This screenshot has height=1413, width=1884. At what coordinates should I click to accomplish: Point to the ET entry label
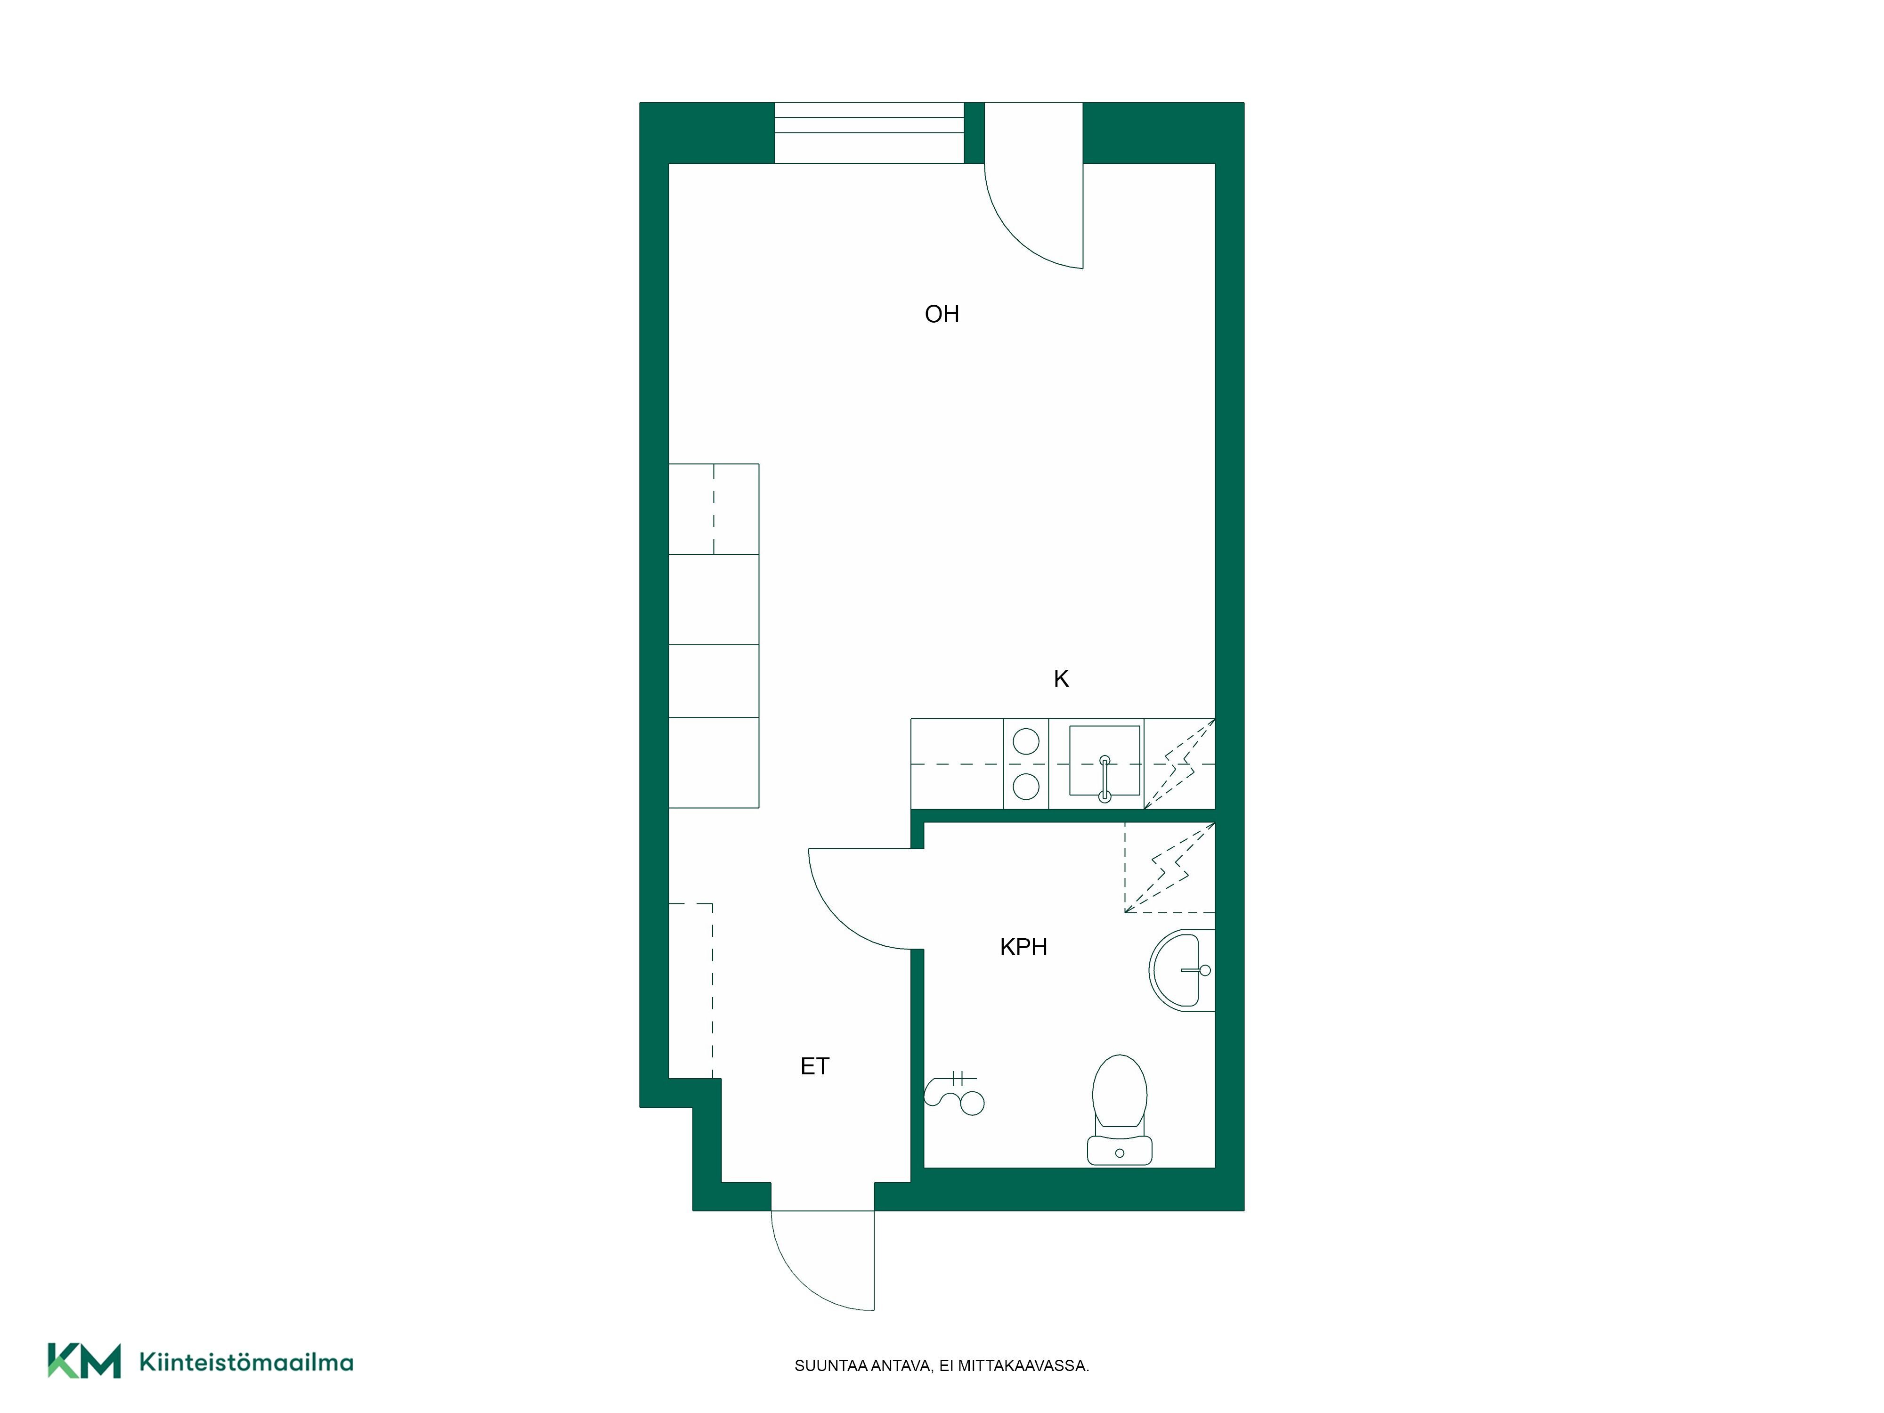(814, 1066)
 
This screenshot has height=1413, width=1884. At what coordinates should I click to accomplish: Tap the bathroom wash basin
(1180, 971)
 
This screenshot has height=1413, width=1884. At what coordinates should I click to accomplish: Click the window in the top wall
(869, 133)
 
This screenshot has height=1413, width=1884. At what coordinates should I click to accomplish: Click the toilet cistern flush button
(1119, 1153)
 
